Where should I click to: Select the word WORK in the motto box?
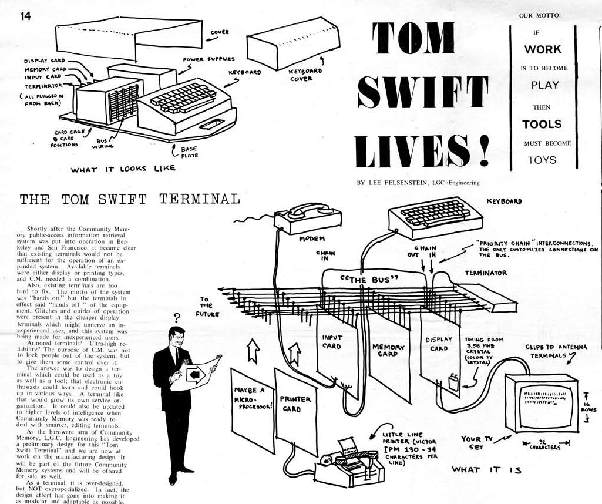click(543, 49)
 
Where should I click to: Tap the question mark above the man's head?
click(176, 319)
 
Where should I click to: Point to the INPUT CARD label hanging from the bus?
click(332, 341)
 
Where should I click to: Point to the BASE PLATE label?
click(189, 152)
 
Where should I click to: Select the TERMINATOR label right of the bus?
click(486, 273)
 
